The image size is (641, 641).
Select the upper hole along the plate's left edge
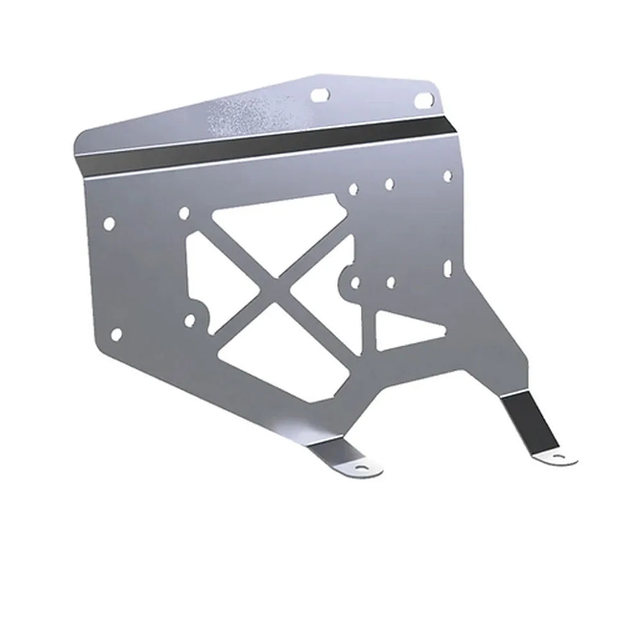pos(110,223)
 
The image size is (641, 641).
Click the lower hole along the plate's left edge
pos(116,331)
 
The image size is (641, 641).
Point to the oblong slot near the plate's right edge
pos(447,268)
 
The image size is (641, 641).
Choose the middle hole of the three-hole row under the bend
pos(388,184)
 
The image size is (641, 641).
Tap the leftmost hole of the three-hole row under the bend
pos(353,191)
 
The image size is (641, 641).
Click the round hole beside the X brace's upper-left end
pos(184,212)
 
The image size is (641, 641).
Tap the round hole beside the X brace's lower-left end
pos(190,321)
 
